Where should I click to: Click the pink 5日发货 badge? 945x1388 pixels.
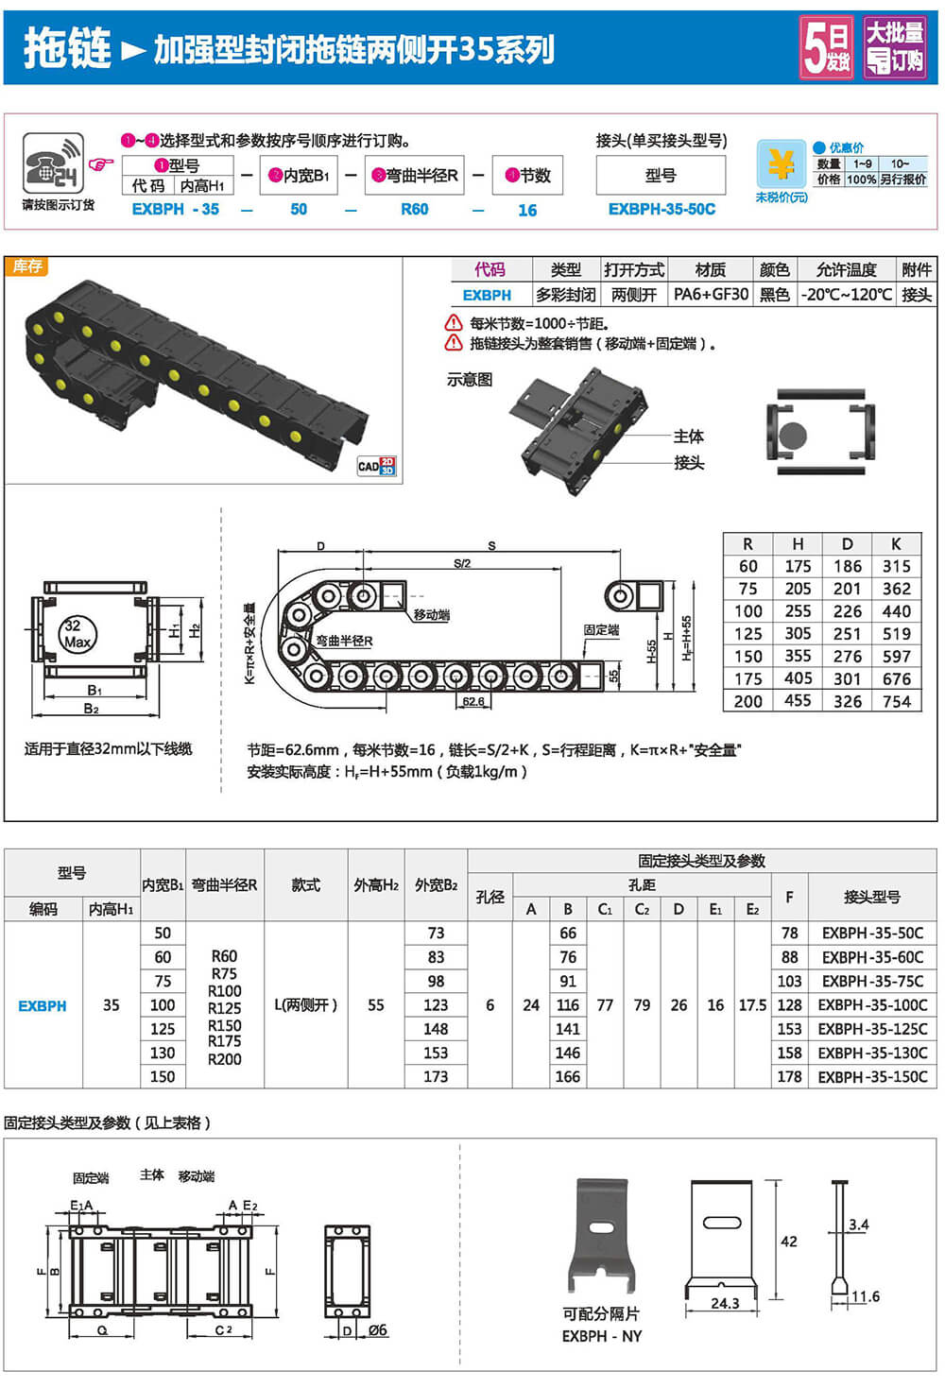click(x=827, y=47)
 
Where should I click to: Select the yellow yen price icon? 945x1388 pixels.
click(x=781, y=164)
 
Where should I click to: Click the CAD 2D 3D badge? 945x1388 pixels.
click(x=376, y=466)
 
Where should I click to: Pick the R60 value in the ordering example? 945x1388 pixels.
click(x=414, y=209)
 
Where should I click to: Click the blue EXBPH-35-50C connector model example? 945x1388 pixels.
click(x=661, y=209)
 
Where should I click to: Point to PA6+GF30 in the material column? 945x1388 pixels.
click(x=711, y=295)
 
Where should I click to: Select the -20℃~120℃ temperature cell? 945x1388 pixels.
click(x=847, y=295)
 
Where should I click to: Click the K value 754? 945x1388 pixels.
click(x=896, y=701)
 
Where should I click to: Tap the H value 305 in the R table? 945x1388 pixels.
click(x=798, y=633)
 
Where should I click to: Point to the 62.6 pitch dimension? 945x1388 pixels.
click(x=473, y=701)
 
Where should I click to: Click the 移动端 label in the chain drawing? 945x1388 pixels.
click(x=431, y=615)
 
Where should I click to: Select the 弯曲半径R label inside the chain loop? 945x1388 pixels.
click(x=344, y=641)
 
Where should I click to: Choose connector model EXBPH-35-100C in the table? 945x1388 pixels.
click(x=872, y=1005)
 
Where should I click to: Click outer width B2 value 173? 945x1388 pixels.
click(x=436, y=1076)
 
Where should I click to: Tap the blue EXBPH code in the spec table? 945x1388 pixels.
click(x=43, y=1006)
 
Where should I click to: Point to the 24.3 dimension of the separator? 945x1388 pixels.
click(x=725, y=1303)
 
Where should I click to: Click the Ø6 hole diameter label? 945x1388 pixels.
click(x=377, y=1330)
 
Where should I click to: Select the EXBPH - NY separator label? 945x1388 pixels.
click(x=601, y=1336)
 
